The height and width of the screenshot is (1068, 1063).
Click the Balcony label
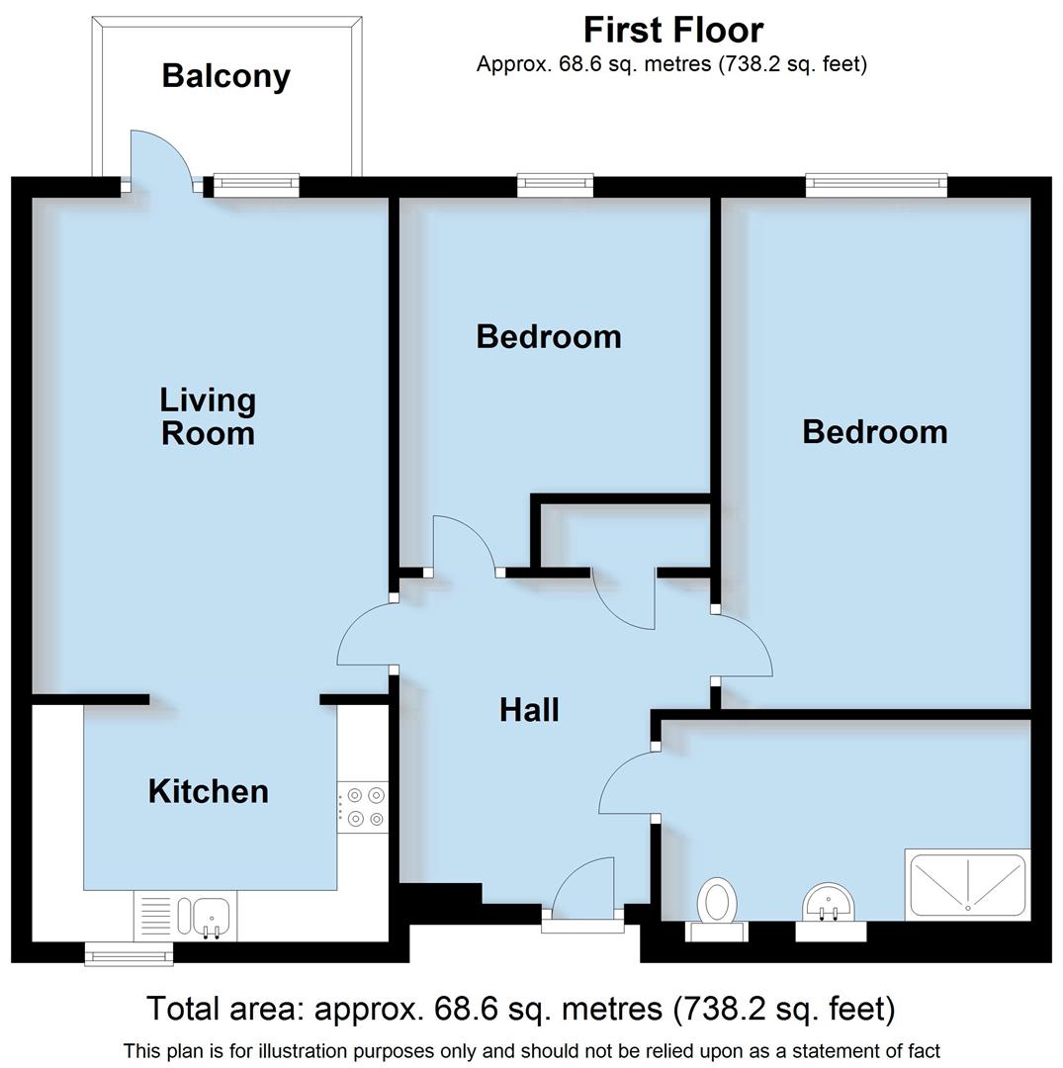225,76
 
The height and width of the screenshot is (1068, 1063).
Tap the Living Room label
208,416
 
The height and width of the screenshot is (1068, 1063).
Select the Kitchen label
208,791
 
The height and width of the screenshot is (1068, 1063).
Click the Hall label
529,710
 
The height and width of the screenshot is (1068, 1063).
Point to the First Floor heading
672,30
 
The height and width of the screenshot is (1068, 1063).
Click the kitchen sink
210,915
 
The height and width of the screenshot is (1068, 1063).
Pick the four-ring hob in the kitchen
363,806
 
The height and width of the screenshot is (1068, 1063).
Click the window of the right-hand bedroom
876,183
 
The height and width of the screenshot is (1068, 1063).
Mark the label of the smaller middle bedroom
549,336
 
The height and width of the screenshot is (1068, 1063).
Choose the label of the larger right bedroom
874,431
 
